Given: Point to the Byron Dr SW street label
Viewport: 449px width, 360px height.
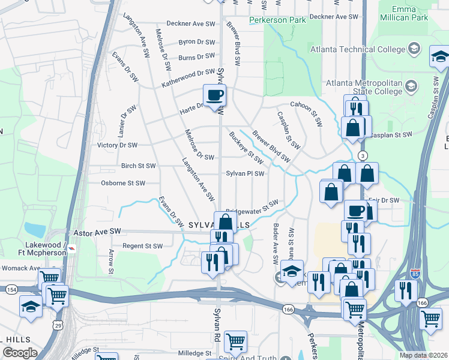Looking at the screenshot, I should point(197,43).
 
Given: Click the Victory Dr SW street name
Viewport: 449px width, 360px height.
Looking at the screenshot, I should point(118,145).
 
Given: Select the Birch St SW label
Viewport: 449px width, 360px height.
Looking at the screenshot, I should point(138,166).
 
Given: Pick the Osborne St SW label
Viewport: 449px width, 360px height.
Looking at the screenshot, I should point(123,183).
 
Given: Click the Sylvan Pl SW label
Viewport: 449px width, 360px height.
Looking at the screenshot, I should point(245,173).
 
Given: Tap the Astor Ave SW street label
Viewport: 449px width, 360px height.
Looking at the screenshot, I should point(97,230).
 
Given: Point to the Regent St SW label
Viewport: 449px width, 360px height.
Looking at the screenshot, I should point(143,246).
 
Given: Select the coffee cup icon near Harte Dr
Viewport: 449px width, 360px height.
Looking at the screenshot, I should point(214,95).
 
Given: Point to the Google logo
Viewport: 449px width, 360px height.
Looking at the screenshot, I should point(19,353).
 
